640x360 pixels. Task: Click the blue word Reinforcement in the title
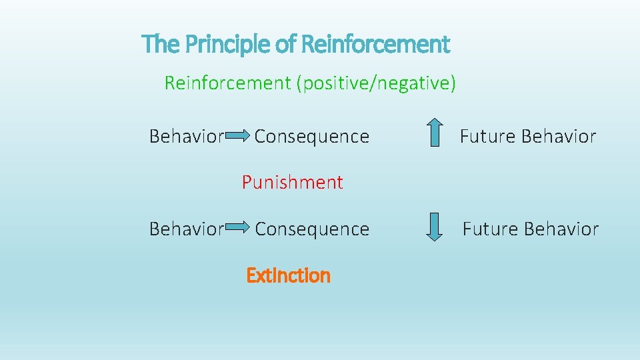[x=375, y=45]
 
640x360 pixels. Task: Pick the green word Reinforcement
[x=227, y=83]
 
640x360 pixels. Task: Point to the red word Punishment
[x=292, y=182]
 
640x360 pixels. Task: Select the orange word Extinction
[x=288, y=275]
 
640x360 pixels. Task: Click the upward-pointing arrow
[x=434, y=132]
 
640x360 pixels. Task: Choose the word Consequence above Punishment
[x=311, y=137]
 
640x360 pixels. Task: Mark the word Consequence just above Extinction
[x=312, y=229]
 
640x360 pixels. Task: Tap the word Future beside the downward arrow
[x=491, y=229]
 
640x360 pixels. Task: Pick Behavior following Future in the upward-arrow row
[x=559, y=137]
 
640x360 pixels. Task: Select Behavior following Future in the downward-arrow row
[x=561, y=229]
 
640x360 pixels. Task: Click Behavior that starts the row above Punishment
[x=186, y=137]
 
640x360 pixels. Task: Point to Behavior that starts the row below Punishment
[x=186, y=229]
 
